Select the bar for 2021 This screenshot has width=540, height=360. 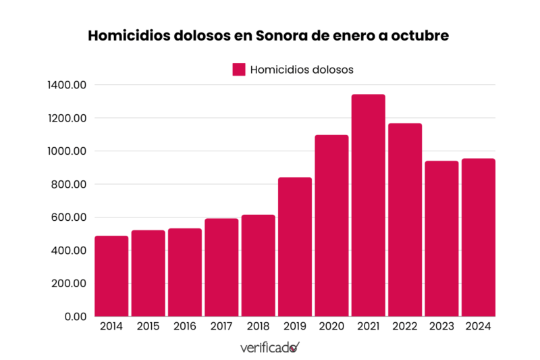[369, 205]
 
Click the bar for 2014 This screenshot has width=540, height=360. [111, 276]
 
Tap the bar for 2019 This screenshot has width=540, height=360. [295, 247]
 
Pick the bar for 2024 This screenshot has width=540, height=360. [478, 237]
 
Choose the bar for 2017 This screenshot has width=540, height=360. [221, 267]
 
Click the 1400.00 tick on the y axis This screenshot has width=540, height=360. [67, 85]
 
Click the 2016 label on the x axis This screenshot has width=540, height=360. [184, 326]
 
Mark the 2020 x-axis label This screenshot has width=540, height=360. [331, 326]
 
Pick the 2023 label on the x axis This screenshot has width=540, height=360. [441, 326]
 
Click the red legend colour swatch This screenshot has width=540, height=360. [238, 69]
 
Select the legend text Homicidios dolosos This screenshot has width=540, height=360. [302, 69]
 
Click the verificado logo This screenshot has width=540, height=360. [270, 348]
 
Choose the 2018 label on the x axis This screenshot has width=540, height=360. [258, 326]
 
